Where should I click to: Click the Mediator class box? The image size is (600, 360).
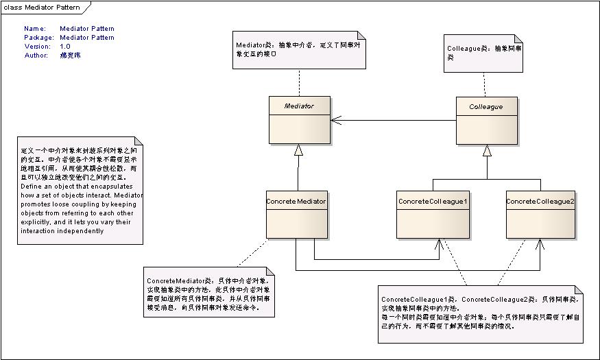(x=298, y=120)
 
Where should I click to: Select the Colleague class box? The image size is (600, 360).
(x=487, y=120)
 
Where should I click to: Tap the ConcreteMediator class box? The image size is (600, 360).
(x=296, y=215)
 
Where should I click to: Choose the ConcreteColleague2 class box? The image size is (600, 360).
(x=540, y=215)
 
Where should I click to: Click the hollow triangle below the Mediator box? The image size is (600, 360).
(x=298, y=150)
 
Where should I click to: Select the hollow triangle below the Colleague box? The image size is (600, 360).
(x=487, y=150)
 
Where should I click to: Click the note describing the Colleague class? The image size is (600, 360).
(x=483, y=53)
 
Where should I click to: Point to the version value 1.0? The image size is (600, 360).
(x=65, y=46)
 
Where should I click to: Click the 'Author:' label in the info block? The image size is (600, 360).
(x=36, y=55)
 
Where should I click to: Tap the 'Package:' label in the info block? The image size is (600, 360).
(x=37, y=38)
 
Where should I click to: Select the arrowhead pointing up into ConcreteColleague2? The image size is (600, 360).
(x=540, y=243)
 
